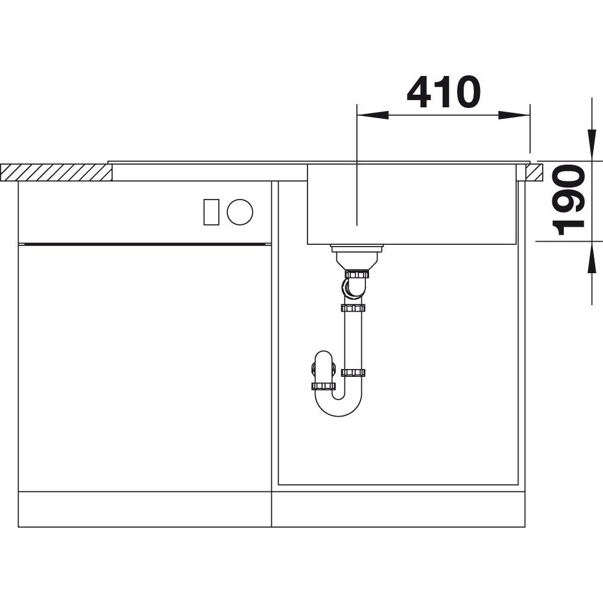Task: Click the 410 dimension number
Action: pyautogui.click(x=443, y=92)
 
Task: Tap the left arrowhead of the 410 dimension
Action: pyautogui.click(x=373, y=115)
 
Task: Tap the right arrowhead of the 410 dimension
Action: pyautogui.click(x=514, y=115)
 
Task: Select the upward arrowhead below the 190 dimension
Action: pyautogui.click(x=592, y=257)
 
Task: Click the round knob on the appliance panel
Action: pyautogui.click(x=240, y=212)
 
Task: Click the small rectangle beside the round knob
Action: pyautogui.click(x=211, y=212)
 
